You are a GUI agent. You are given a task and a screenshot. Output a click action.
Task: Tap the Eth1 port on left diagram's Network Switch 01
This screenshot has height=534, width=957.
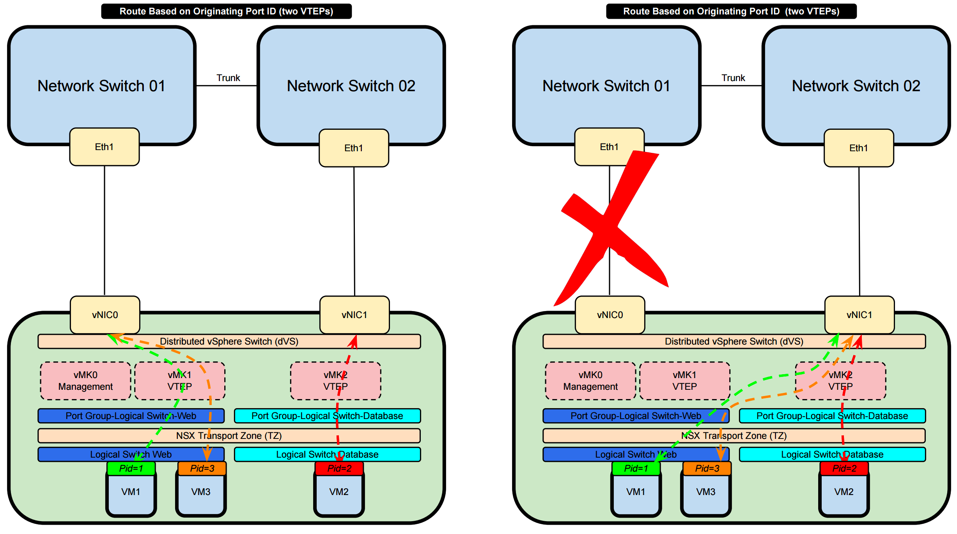pos(104,147)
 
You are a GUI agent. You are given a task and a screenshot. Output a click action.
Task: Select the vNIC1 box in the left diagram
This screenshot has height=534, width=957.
pos(354,315)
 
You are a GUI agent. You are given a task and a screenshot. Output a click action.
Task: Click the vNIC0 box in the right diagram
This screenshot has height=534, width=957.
pos(610,315)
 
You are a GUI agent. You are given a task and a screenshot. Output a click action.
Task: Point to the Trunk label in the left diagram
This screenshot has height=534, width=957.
pos(228,78)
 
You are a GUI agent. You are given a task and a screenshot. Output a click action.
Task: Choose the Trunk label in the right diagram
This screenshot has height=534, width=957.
pos(733,78)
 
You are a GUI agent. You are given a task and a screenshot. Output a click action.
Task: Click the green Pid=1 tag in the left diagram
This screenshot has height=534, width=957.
pos(131,468)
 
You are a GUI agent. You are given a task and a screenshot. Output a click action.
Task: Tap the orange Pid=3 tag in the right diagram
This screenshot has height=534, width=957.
pos(707,468)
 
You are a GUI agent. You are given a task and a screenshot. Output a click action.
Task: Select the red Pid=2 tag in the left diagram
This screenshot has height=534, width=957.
pos(339,468)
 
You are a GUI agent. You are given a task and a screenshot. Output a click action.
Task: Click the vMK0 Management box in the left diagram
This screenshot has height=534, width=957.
pos(85,381)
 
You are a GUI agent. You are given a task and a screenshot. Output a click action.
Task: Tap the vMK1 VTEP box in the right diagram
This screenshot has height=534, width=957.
pos(684,381)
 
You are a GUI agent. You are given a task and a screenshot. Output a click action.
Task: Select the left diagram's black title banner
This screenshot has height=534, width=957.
pos(226,11)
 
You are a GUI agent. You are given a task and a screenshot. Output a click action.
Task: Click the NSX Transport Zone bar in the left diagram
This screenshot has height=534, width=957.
pos(229,435)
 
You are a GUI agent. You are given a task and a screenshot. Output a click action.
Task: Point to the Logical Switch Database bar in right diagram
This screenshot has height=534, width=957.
pos(832,454)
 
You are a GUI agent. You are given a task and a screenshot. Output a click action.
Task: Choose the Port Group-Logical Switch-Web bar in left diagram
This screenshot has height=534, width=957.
pos(131,416)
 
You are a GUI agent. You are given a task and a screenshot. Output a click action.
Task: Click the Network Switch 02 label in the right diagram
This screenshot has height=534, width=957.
pos(856,86)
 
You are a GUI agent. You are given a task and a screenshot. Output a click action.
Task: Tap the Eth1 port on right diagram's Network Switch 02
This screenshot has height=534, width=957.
pos(858,148)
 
